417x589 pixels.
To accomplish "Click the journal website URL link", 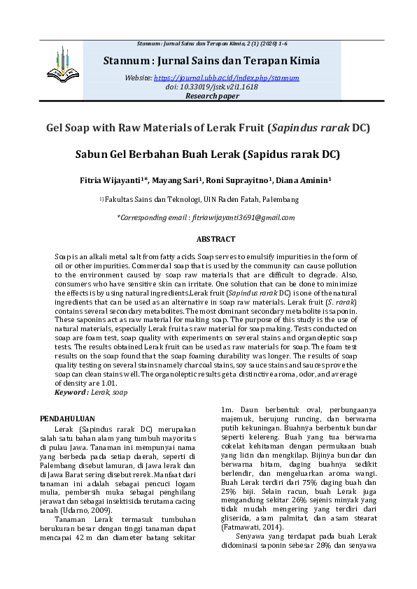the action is (226, 78).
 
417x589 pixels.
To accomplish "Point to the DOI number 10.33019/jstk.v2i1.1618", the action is (220, 87).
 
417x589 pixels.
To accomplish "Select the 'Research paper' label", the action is (212, 96).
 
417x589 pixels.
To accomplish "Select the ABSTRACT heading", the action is (215, 239).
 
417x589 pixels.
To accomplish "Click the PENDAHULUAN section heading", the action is (69, 419).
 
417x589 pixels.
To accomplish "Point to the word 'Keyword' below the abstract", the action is (71, 393).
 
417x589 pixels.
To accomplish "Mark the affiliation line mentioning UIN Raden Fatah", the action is (202, 199).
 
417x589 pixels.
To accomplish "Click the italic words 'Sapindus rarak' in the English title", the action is (309, 128).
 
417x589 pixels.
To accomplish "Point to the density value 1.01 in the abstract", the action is (109, 384).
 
